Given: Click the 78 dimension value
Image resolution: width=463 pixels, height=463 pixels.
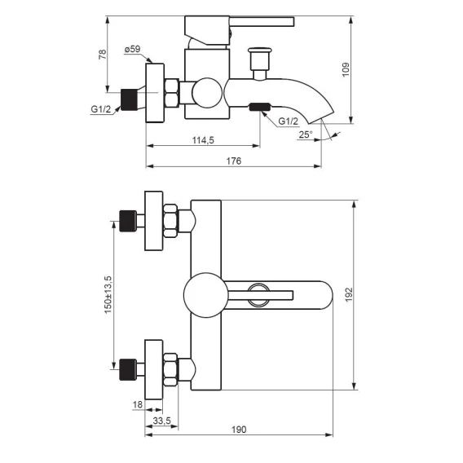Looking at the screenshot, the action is [103, 55].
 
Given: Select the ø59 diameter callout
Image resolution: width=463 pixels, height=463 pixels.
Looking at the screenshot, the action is [132, 49].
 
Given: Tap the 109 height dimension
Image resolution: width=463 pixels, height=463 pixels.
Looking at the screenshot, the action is [346, 69].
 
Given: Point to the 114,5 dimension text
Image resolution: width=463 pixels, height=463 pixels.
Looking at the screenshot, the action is [203, 140].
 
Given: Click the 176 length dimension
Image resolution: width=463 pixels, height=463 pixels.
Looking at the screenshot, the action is [234, 161].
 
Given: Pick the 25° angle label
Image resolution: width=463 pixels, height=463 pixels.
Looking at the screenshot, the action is [306, 134].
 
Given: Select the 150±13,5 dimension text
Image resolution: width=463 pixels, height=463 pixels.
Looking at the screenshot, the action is [108, 294].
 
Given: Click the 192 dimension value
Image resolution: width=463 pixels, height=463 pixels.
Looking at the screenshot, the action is [349, 295].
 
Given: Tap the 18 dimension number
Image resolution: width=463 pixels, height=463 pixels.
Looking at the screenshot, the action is [138, 404].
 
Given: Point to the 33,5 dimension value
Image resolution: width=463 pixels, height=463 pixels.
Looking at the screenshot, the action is [162, 421].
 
